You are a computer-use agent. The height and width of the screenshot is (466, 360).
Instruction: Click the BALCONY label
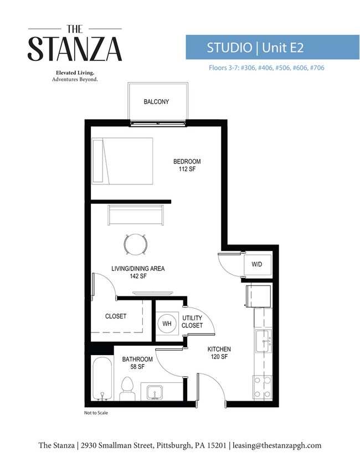pos(156,102)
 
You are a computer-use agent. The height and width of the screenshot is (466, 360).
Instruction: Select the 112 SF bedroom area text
pos(187,170)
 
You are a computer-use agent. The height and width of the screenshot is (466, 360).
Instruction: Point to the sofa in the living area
pos(136,216)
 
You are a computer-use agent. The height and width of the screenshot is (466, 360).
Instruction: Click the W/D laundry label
pos(256,265)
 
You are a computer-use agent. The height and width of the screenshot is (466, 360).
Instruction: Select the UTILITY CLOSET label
pos(192,322)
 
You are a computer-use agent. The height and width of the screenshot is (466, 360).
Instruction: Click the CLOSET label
pos(116,316)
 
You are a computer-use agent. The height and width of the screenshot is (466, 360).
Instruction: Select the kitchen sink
pos(263,340)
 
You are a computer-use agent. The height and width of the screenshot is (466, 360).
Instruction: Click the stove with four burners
pos(263,387)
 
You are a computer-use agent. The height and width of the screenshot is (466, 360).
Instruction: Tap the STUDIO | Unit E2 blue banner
pos(255,48)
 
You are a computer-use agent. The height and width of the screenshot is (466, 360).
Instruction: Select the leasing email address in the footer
pos(276,445)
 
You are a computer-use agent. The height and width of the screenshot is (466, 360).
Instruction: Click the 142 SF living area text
pos(138,276)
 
